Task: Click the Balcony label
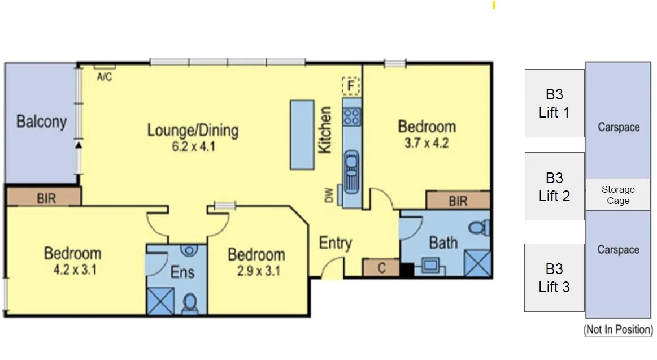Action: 41,122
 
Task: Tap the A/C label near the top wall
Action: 104,77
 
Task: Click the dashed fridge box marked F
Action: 351,86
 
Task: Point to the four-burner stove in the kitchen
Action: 351,116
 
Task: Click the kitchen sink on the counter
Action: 351,170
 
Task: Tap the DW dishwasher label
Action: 329,196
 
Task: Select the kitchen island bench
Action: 302,135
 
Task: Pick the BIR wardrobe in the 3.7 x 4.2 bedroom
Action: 458,200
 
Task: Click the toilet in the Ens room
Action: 189,303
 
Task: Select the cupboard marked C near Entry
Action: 381,268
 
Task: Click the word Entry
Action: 335,243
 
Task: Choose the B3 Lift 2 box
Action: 554,186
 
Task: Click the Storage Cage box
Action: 617,195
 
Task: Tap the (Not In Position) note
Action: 617,329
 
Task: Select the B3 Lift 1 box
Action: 554,103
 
